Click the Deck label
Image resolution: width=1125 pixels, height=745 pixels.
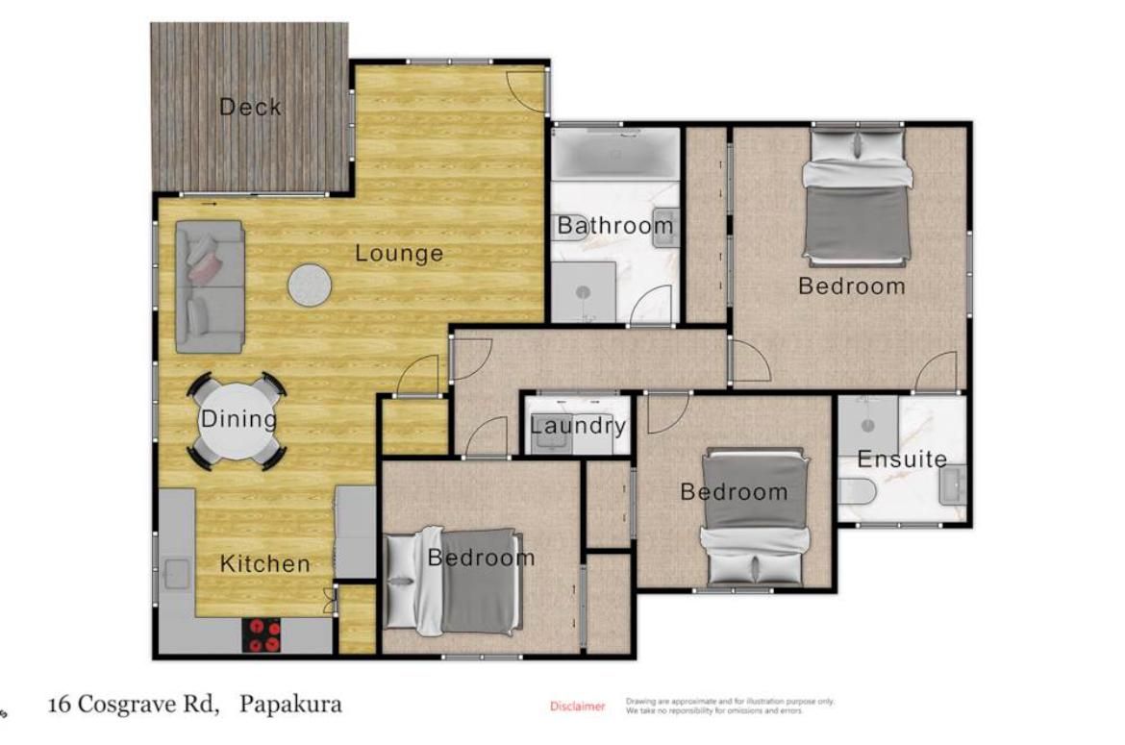point(250,107)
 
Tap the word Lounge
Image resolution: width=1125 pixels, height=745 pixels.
point(399,253)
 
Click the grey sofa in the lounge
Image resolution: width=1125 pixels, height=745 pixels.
point(210,286)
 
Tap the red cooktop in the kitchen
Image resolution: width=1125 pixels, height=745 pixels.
point(262,635)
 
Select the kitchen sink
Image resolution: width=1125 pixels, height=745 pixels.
point(176,574)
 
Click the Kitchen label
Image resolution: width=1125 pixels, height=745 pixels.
point(264,563)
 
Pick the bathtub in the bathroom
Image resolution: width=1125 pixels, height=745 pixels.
point(615,154)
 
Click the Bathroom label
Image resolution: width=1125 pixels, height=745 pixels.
point(615,226)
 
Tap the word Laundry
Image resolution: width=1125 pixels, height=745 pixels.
point(578,426)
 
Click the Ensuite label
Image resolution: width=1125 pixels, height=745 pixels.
point(902,459)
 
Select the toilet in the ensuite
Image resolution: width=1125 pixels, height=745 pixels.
point(858,492)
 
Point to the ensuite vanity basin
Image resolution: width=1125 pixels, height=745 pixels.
point(954,485)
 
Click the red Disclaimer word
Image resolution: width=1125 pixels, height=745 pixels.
point(578,707)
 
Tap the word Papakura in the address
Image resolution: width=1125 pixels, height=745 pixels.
point(290,704)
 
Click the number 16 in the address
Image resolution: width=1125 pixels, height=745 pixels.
point(60,704)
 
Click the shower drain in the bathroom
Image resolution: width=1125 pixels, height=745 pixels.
point(583,292)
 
